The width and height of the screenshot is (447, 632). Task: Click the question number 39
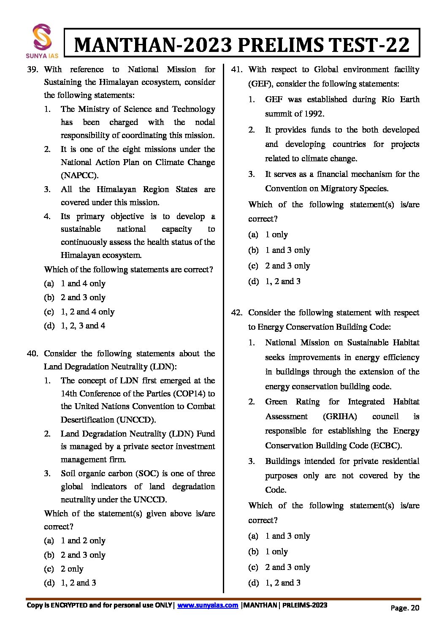pos(33,69)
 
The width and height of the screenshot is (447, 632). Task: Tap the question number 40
pos(33,353)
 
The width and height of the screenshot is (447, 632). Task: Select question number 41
pos(237,69)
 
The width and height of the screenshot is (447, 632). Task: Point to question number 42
pos(237,312)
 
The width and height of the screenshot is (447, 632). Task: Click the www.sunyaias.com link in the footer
pos(208,605)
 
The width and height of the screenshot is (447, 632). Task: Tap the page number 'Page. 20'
pos(405,608)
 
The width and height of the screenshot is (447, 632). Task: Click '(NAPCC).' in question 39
pos(79,175)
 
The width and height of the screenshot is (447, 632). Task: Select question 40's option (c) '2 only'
pos(72,569)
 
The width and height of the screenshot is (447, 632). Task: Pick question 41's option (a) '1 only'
pos(276,234)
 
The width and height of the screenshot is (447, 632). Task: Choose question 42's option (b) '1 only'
pos(276,551)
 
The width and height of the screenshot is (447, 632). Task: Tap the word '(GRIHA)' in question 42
pos(340,416)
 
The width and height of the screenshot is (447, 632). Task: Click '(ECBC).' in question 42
pos(386,445)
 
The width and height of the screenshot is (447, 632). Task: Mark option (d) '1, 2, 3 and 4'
pos(83,325)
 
